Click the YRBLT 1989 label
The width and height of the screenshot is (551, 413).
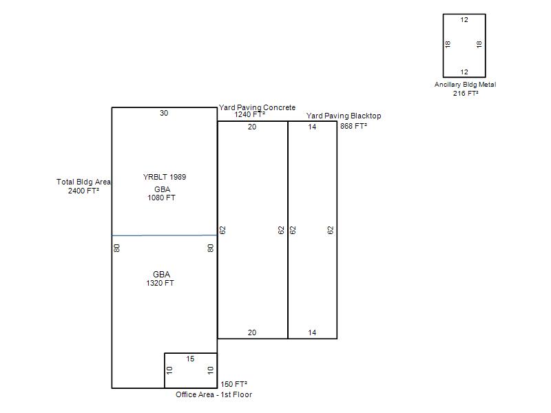165,177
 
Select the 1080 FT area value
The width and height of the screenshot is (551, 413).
161,198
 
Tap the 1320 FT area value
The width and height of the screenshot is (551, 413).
160,283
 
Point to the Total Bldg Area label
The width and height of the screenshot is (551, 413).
83,182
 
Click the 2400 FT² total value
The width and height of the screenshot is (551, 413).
83,191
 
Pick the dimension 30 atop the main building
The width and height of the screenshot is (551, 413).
164,113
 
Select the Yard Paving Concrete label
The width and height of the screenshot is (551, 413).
257,107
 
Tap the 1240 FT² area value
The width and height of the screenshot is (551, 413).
249,114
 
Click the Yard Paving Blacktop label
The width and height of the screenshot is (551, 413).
344,116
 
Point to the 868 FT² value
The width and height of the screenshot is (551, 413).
353,126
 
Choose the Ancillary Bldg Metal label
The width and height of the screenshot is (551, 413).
466,85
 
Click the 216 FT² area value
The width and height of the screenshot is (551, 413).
466,94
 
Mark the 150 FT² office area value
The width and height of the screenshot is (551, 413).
233,384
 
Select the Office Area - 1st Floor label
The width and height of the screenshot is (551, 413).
214,394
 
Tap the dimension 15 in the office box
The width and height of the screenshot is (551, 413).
190,359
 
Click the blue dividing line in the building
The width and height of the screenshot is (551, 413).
165,235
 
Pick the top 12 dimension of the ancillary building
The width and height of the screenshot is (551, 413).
464,20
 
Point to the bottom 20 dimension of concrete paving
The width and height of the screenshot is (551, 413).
252,332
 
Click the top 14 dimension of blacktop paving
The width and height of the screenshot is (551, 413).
312,127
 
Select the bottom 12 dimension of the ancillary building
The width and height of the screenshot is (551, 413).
464,72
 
